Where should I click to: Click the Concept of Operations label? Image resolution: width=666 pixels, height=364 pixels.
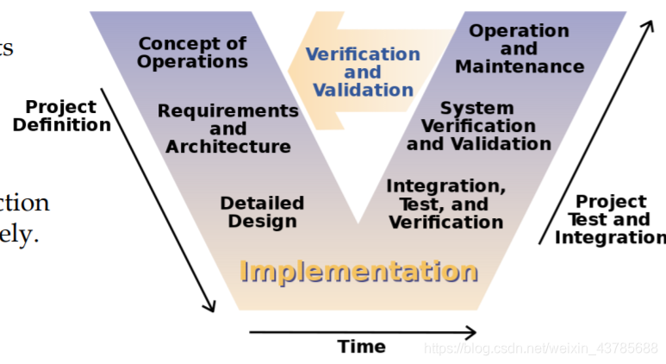[192, 52]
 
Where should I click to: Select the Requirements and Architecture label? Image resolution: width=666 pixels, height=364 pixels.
[227, 129]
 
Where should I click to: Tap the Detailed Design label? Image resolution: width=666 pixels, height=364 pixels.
[262, 211]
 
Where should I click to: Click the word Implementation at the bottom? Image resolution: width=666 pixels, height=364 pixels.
[358, 271]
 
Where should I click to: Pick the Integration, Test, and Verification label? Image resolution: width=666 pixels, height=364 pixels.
[445, 204]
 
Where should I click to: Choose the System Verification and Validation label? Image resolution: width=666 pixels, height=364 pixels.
[478, 126]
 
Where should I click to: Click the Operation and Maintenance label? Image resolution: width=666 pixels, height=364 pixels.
[519, 48]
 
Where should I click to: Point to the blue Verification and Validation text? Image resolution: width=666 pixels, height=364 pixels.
[363, 72]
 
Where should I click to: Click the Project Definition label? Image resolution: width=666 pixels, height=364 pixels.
[61, 116]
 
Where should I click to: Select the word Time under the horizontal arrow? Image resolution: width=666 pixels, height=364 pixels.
[362, 347]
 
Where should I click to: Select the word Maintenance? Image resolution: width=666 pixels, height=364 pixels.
[519, 66]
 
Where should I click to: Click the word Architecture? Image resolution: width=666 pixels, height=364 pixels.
[228, 147]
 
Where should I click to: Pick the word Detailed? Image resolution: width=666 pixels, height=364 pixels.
[262, 203]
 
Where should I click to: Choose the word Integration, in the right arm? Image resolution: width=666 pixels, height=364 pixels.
[445, 185]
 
